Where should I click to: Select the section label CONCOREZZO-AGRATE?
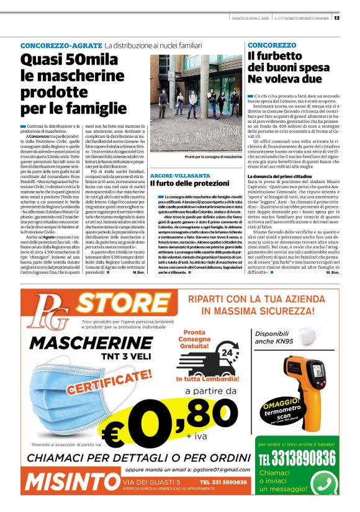click(60, 46)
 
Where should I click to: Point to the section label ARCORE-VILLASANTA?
click(181, 158)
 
